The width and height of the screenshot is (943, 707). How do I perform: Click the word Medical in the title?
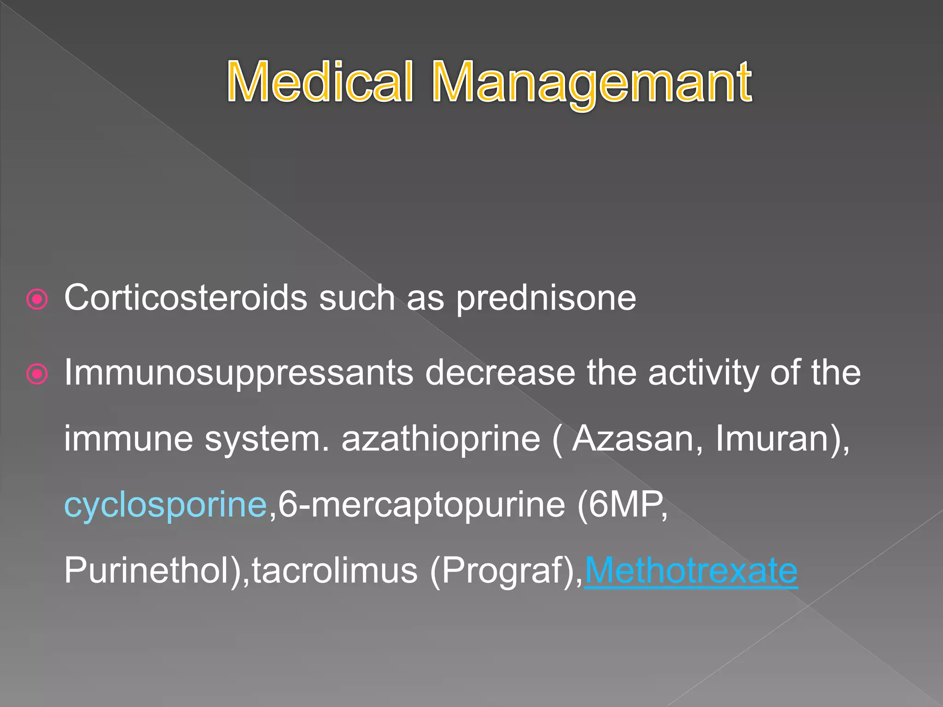point(320,83)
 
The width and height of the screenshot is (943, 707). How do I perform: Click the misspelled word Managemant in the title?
point(591,83)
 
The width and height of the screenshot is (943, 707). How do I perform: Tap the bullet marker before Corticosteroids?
point(37,300)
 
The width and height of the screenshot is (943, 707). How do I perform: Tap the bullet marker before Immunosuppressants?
point(37,374)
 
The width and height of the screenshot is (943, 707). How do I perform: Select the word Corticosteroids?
point(186,298)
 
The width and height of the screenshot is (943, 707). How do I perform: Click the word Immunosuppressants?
point(239,373)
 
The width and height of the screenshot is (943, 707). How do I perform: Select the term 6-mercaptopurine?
point(421,505)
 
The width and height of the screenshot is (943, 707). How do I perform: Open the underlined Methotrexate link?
point(691,571)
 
